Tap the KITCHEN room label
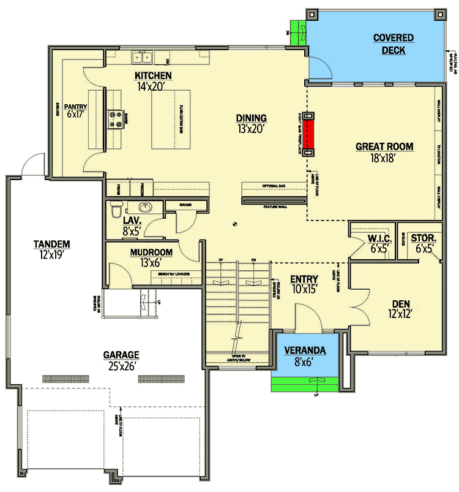(153, 75)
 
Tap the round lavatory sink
(146, 207)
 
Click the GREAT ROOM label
(384, 146)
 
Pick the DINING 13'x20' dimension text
(252, 129)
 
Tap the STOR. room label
(423, 238)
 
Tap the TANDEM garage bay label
(52, 244)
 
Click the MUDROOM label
(151, 252)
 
